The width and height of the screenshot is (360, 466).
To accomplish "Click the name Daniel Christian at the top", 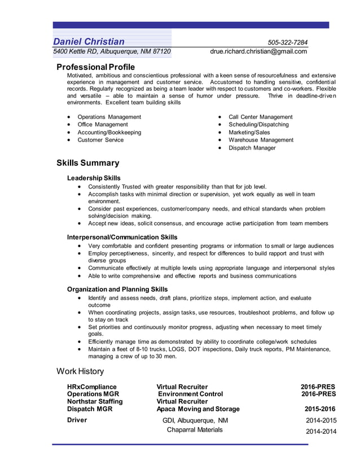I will click(89, 42).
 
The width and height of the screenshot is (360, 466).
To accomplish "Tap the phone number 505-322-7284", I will click(288, 43).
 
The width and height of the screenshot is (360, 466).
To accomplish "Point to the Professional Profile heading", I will click(95, 67).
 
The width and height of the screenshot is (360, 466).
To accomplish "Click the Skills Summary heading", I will click(87, 163).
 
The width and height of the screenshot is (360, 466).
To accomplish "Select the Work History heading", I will click(80, 371).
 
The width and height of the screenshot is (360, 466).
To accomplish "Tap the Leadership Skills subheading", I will click(94, 178).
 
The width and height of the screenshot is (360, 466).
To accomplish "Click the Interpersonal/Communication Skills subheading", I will click(122, 237).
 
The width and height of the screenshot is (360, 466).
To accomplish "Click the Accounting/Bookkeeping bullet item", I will click(109, 133).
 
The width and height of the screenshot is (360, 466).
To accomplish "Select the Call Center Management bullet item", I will click(260, 117).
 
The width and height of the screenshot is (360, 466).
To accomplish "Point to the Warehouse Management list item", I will click(261, 140).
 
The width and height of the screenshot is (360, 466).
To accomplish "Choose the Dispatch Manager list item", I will click(252, 148).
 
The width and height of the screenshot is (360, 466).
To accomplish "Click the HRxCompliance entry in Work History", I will click(91, 386).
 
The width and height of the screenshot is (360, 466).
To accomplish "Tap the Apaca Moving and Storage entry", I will click(198, 409).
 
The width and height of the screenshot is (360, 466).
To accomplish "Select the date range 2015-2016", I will click(320, 409).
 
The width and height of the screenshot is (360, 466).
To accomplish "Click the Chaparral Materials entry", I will click(195, 430).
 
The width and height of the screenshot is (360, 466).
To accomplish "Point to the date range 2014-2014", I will click(321, 432).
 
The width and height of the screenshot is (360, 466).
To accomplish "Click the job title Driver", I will click(77, 420).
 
